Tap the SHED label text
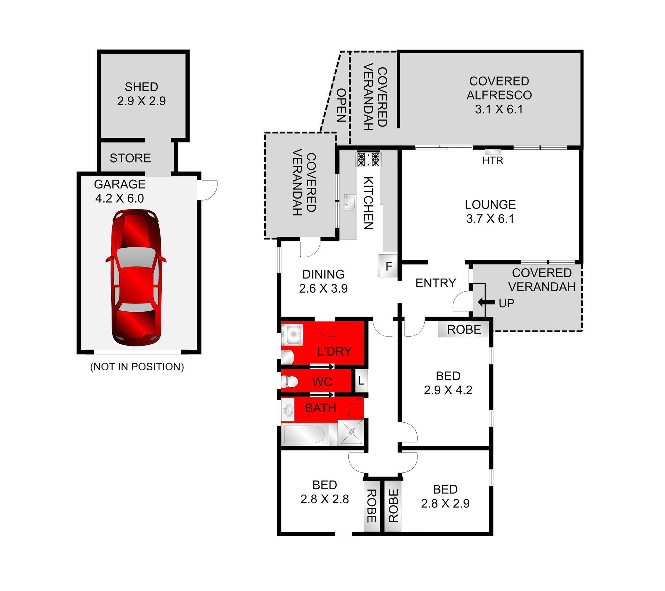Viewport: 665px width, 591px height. click(141, 87)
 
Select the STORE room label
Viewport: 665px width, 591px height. click(130, 158)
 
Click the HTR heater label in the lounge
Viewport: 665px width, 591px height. click(493, 160)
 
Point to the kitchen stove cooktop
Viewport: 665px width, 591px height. click(368, 159)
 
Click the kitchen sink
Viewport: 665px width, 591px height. click(350, 202)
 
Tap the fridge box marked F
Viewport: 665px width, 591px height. click(388, 266)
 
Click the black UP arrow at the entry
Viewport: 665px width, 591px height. click(486, 302)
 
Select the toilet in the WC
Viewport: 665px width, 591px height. click(289, 381)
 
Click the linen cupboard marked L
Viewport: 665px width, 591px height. click(361, 381)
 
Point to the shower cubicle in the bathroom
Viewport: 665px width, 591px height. click(351, 432)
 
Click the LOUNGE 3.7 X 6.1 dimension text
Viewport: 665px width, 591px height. click(490, 219)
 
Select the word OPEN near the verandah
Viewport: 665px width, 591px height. click(341, 105)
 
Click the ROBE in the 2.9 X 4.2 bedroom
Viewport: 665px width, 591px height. click(464, 329)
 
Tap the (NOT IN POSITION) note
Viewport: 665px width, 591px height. click(137, 367)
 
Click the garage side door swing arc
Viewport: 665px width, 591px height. click(209, 190)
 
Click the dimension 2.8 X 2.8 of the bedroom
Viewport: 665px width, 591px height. click(325, 499)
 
